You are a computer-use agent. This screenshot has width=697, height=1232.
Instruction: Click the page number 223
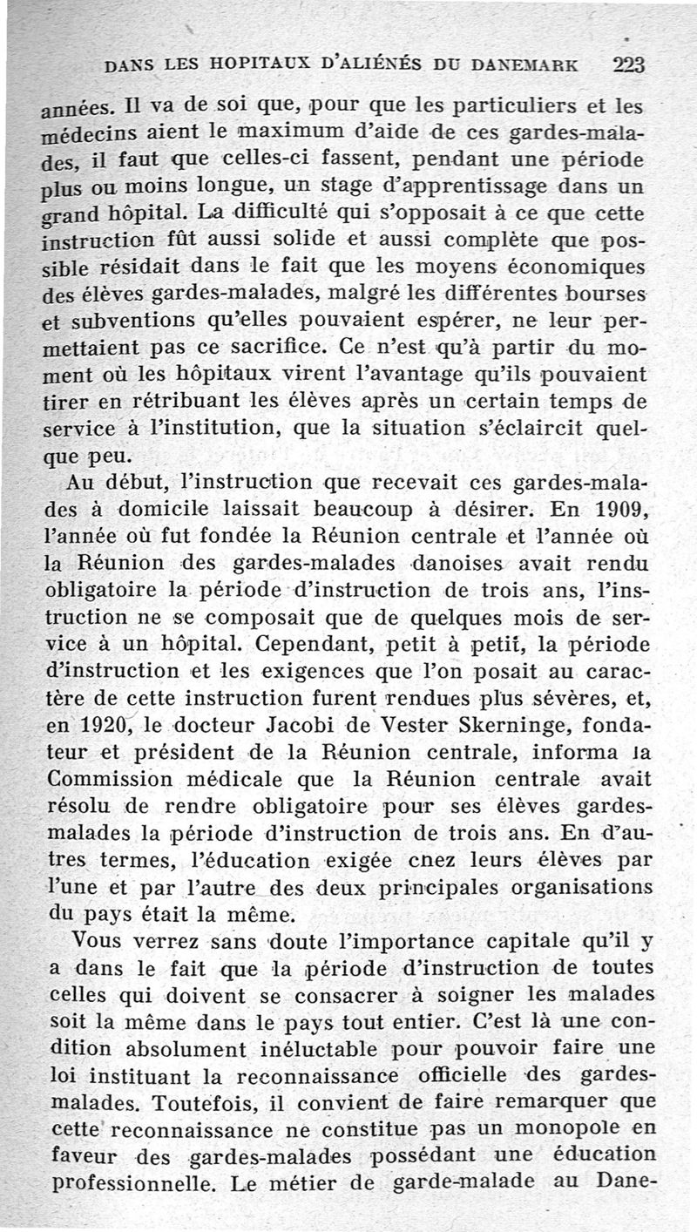coord(628,64)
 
